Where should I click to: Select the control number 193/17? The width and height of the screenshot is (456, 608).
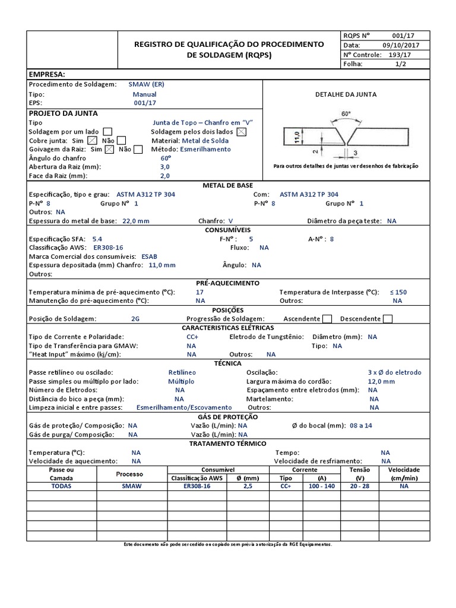coord(399,54)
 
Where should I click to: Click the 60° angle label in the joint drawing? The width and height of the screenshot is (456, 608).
coord(346,113)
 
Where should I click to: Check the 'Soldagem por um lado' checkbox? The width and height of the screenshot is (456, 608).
coord(107,131)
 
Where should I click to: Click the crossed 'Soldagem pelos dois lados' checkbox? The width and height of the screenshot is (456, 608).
coord(241,131)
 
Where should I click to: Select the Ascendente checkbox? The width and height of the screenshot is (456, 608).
coord(327,319)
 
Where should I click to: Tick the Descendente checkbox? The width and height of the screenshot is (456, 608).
coord(388,319)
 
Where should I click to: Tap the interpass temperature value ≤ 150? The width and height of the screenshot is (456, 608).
coord(398,292)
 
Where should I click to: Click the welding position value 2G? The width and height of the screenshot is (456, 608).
coord(135,319)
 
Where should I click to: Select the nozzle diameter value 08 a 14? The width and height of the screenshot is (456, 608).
coord(361,426)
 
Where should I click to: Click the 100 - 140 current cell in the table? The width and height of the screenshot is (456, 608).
coord(322,486)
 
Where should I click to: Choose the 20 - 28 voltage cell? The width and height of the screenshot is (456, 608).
coord(360,486)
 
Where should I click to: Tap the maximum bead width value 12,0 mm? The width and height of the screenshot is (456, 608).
coord(381,381)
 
